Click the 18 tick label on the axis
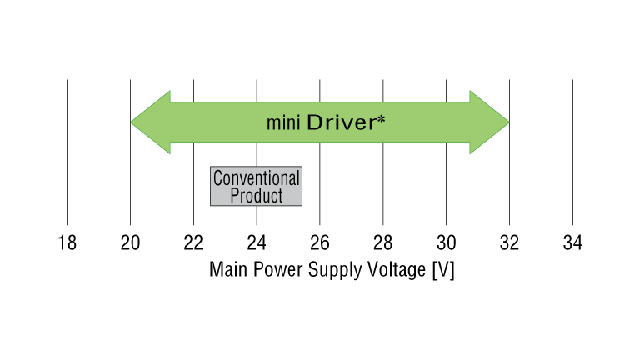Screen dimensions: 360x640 coord(67,243)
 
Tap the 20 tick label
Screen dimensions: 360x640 coord(130,243)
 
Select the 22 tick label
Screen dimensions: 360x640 coord(193,243)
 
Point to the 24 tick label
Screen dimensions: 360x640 coord(257,243)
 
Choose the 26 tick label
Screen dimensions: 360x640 coord(320,243)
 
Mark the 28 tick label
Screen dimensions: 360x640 coord(382,243)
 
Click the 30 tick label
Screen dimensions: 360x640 coord(446,243)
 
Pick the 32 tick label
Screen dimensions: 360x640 coord(509,243)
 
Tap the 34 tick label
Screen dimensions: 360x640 coord(572,243)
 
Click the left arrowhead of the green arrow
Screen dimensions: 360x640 coord(150,122)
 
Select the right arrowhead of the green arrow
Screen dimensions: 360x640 coord(489,122)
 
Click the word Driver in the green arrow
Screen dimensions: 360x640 coord(341,122)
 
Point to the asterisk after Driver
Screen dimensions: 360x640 coord(381,119)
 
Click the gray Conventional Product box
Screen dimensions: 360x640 coord(256,186)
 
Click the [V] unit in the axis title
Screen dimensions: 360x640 coord(443,271)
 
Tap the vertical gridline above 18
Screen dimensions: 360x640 coord(67,150)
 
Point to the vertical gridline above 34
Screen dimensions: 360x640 coord(572,150)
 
